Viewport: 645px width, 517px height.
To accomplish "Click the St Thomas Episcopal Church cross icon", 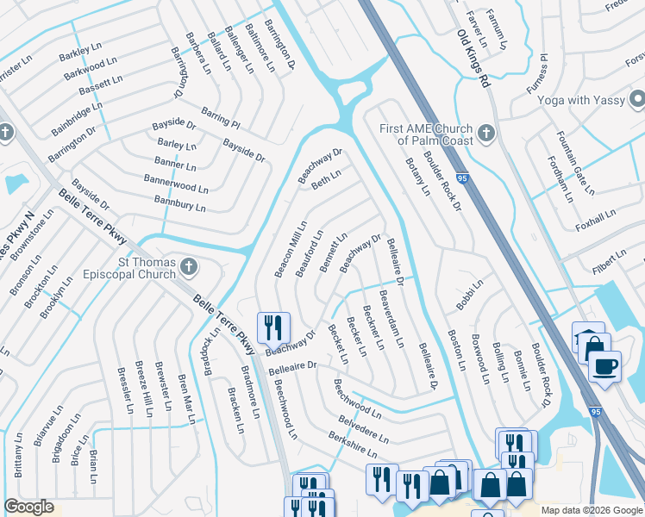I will pyautogui.click(x=190, y=268).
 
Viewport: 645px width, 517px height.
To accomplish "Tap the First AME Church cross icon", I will pyautogui.click(x=486, y=134).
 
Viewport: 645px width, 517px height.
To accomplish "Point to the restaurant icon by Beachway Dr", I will pyautogui.click(x=273, y=326).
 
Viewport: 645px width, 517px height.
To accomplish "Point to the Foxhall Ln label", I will pyautogui.click(x=596, y=221).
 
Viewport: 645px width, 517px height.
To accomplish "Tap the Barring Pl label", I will pyautogui.click(x=222, y=118).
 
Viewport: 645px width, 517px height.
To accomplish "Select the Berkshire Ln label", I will pyautogui.click(x=353, y=442).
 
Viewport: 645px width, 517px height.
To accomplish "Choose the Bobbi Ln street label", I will pyautogui.click(x=470, y=294).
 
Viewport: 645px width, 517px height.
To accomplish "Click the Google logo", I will pyautogui.click(x=28, y=508).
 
